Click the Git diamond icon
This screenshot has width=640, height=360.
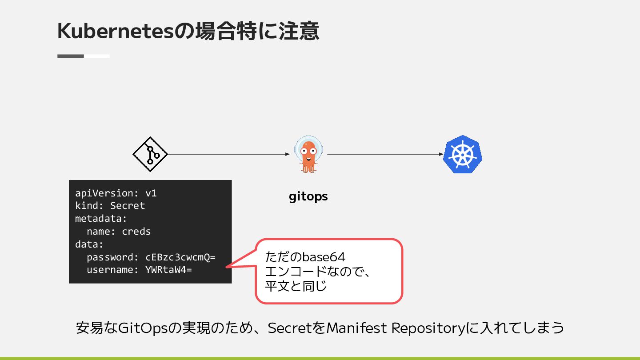[150, 154]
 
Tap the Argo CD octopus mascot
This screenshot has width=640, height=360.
[308, 155]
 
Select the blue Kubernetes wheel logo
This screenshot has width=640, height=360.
[463, 154]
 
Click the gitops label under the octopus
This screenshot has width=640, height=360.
[308, 196]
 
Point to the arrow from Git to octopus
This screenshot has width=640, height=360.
[228, 154]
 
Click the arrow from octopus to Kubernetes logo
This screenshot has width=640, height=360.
[385, 154]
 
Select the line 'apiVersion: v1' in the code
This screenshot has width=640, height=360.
[116, 193]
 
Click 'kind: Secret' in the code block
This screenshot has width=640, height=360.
[110, 206]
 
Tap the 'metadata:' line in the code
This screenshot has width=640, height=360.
[101, 219]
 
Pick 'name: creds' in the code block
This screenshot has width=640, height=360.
[119, 232]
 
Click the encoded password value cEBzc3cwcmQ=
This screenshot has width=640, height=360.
[180, 257]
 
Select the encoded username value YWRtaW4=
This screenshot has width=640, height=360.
[168, 270]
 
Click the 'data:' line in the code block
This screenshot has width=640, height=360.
[89, 244]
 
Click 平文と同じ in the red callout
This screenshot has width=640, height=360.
[296, 286]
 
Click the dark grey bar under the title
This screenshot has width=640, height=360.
[71, 56]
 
